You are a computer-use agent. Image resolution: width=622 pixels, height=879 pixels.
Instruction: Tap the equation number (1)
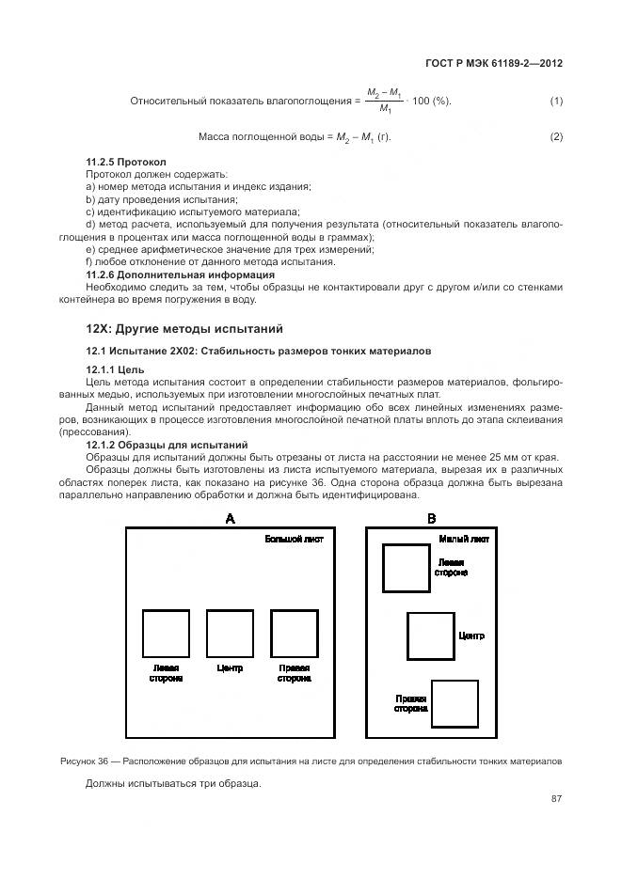[x=556, y=101]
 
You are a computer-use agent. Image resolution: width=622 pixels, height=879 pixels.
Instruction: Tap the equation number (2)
[x=556, y=137]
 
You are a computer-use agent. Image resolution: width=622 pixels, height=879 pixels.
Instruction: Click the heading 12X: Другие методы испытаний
[x=184, y=328]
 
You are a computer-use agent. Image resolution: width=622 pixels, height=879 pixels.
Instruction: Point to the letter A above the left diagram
[x=230, y=518]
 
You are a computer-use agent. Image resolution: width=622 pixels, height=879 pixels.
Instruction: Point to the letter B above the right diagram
[x=432, y=518]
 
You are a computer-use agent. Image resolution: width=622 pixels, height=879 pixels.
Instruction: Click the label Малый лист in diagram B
[x=464, y=540]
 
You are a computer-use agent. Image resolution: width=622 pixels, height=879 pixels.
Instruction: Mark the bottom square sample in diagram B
[x=454, y=703]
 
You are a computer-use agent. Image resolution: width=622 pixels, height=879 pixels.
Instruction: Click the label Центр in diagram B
[x=471, y=636]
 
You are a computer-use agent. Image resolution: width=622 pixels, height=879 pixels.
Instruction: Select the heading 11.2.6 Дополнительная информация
[x=181, y=275]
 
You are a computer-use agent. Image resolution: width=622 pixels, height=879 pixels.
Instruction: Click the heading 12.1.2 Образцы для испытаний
[x=167, y=444]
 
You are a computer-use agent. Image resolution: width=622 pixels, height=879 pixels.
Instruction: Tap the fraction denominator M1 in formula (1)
[x=385, y=109]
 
